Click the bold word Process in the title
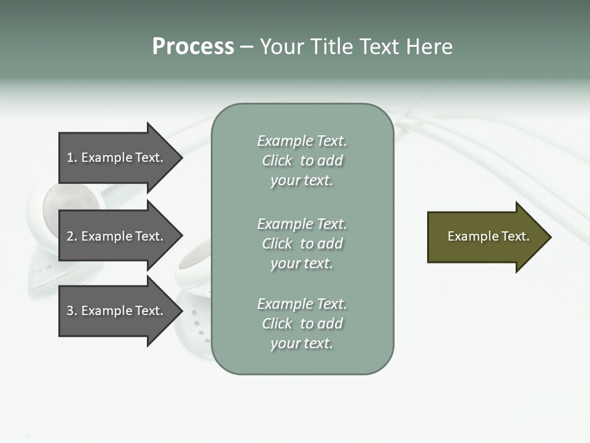tap(193, 47)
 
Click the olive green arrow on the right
tap(486, 237)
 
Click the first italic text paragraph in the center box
tap(302, 161)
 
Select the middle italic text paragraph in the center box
tap(302, 244)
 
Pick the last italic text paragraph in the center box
tap(302, 324)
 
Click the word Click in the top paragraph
tap(277, 161)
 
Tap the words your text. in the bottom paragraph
tap(302, 343)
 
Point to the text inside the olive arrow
tap(489, 236)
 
